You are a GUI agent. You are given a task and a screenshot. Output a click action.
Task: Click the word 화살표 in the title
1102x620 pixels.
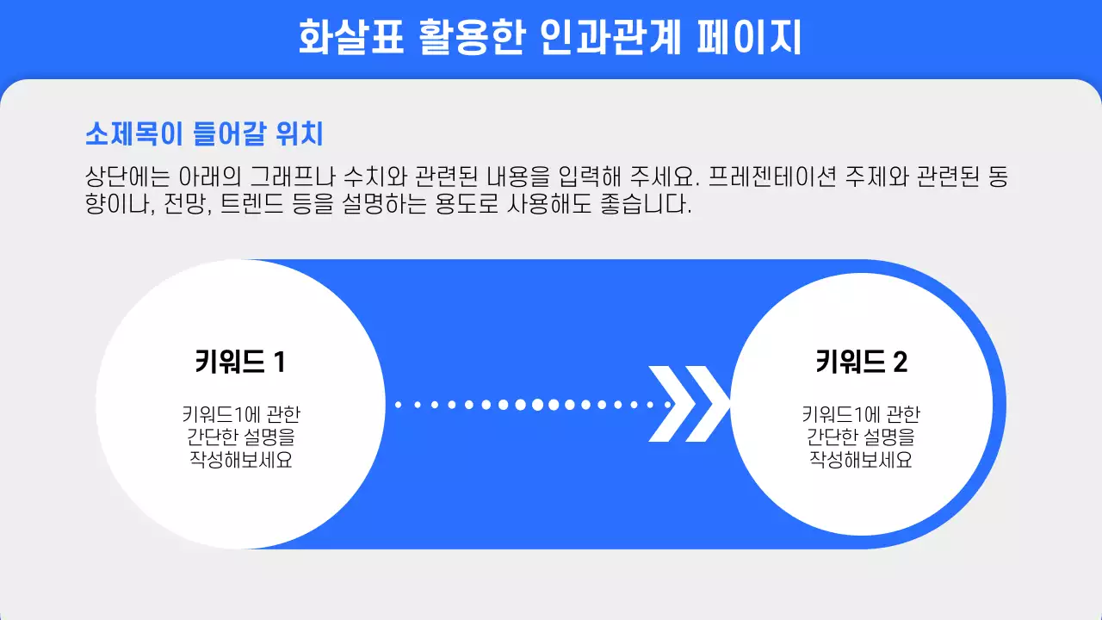350,39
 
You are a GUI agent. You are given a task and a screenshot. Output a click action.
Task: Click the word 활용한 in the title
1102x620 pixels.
469,39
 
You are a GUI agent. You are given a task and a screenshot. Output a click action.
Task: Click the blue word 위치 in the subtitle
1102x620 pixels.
300,134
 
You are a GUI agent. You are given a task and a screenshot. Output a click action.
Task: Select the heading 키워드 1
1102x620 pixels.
240,362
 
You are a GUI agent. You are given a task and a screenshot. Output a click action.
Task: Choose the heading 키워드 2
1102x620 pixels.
861,362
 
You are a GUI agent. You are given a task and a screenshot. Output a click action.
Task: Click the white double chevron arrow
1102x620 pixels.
689,404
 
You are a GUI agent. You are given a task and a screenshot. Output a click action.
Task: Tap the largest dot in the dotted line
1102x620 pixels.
538,404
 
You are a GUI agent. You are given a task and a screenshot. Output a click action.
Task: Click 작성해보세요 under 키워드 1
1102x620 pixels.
240,460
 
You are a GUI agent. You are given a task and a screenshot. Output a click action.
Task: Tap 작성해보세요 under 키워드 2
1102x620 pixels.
861,460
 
